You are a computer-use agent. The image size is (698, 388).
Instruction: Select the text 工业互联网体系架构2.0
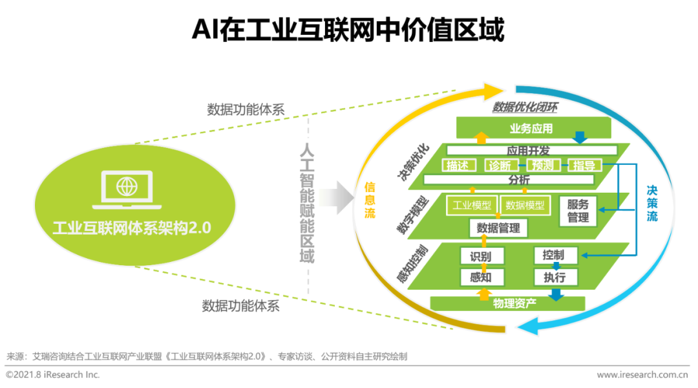(x=132, y=228)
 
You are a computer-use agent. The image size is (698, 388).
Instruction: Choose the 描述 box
(x=458, y=166)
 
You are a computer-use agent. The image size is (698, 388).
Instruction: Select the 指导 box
(x=584, y=166)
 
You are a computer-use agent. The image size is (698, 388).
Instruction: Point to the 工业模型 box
(x=472, y=206)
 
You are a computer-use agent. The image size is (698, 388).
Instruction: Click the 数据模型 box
(x=525, y=206)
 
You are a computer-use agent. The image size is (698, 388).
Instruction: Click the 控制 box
(x=554, y=255)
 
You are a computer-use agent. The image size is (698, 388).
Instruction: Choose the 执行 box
(x=554, y=277)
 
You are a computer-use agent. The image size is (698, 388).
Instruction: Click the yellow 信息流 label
(x=370, y=200)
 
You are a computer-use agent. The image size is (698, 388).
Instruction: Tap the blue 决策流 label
(x=652, y=203)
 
